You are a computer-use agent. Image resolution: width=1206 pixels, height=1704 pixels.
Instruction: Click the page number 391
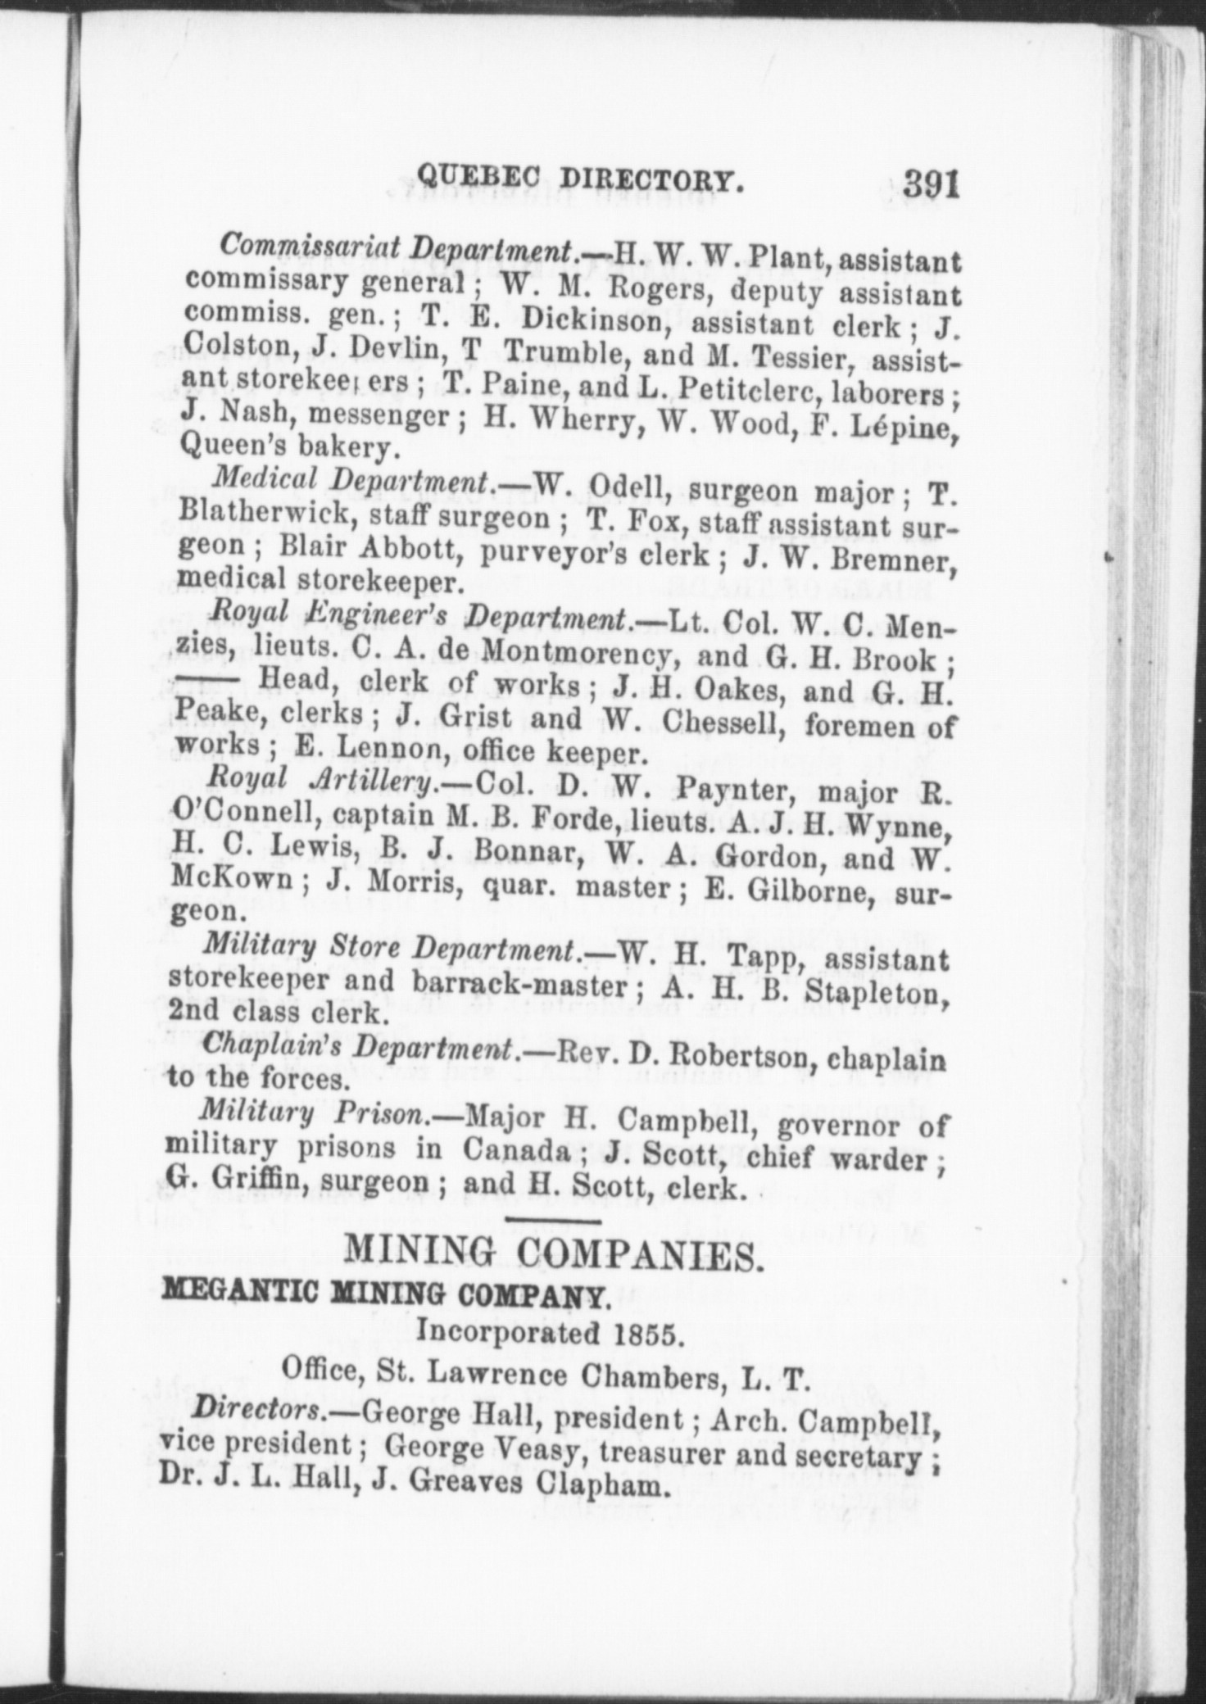pos(931,184)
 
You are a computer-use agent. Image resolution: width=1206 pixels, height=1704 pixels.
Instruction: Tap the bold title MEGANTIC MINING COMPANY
pos(386,1297)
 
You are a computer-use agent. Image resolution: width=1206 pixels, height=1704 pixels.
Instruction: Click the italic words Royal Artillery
pos(322,782)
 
